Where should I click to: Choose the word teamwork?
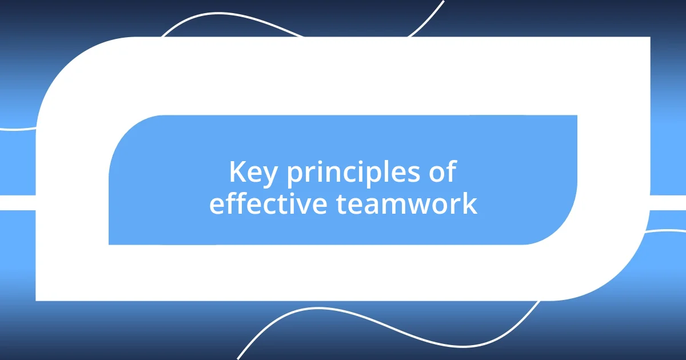tap(406, 204)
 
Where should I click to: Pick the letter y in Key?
tap(272, 176)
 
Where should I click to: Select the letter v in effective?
tap(308, 205)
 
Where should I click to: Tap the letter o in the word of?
tap(436, 174)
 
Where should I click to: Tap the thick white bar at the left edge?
tap(17, 203)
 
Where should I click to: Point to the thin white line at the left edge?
tap(17, 129)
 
